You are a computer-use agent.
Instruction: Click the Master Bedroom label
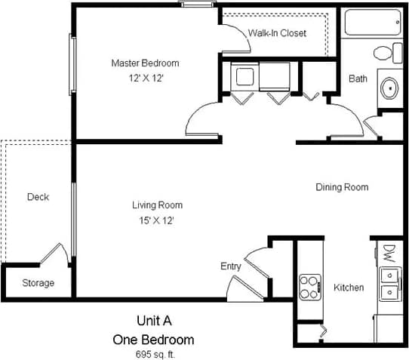tap(146, 63)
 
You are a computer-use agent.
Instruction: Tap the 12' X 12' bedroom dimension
tap(146, 77)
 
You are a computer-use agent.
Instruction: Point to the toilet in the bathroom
tap(386, 54)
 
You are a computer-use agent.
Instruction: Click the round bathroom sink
tap(391, 87)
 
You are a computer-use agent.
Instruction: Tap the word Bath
tap(357, 78)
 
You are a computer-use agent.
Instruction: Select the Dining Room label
tap(342, 187)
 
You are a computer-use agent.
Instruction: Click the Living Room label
tap(157, 205)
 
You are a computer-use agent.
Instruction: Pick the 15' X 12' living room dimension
tap(157, 220)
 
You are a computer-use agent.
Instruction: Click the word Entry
tap(231, 266)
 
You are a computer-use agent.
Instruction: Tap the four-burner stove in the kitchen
tap(310, 286)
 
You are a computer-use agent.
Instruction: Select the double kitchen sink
tap(389, 282)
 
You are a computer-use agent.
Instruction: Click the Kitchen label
tap(349, 288)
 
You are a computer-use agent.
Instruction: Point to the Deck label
tap(38, 197)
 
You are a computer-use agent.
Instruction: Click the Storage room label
tap(38, 283)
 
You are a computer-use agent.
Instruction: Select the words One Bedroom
tap(153, 339)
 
